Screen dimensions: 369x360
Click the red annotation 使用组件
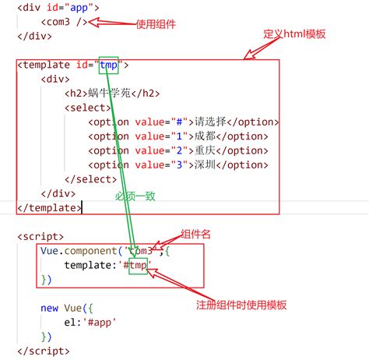[156, 24]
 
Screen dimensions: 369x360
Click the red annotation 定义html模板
[294, 34]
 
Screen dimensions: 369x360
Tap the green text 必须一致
[135, 196]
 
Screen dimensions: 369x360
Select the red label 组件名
[195, 234]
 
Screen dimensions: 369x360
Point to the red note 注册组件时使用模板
[241, 305]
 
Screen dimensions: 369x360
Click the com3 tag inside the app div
[65, 22]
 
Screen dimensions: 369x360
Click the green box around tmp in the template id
[109, 57]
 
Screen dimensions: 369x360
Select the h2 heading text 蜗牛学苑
[109, 93]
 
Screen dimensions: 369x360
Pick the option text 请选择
[210, 122]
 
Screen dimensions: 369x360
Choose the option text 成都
[205, 136]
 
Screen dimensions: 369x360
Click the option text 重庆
[205, 150]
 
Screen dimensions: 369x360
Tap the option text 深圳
[205, 164]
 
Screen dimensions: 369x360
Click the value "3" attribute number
[179, 164]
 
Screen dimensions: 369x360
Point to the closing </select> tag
[91, 179]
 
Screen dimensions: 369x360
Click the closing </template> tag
[50, 208]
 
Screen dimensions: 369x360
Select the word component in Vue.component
[91, 251]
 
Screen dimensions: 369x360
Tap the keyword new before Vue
[49, 308]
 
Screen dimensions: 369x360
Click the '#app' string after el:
[100, 323]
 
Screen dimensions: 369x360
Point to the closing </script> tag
[44, 351]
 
